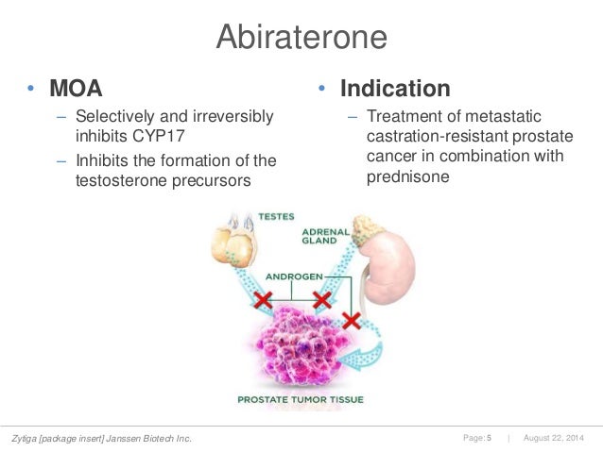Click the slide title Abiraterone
coord(301,37)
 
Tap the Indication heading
coord(395,89)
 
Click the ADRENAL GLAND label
coord(327,237)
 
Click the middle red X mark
coord(322,299)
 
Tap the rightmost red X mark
coord(352,321)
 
